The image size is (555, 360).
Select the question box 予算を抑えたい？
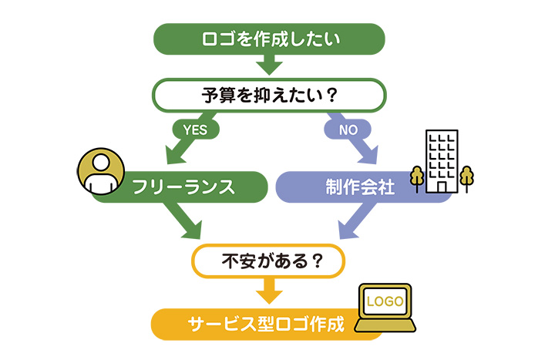pyautogui.click(x=269, y=96)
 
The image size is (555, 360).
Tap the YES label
pyautogui.click(x=194, y=130)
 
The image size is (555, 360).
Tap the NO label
pyautogui.click(x=348, y=130)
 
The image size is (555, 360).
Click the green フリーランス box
pyautogui.click(x=185, y=187)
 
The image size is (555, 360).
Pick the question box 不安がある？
pyautogui.click(x=269, y=261)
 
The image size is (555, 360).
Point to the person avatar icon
pyautogui.click(x=98, y=170)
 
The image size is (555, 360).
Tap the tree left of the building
pyautogui.click(x=417, y=177)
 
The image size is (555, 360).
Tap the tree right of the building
pyautogui.click(x=466, y=177)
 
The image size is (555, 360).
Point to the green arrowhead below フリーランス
pyautogui.click(x=189, y=227)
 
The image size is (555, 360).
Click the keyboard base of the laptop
pyautogui.click(x=385, y=327)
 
